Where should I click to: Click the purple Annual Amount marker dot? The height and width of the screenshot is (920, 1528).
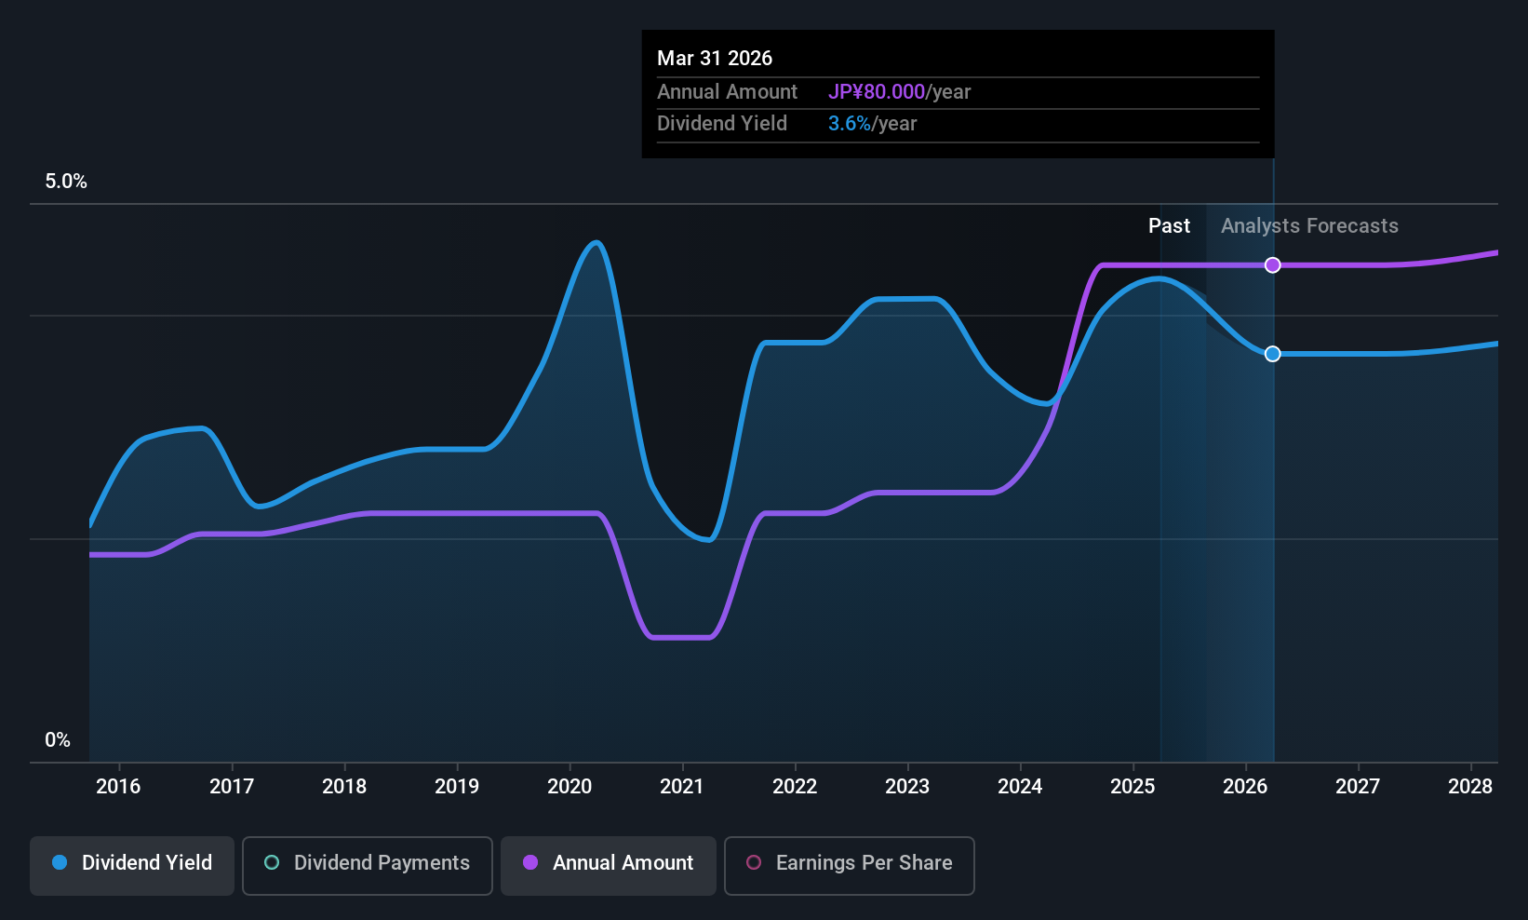pyautogui.click(x=1272, y=265)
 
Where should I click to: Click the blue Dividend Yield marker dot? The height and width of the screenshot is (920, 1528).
pyautogui.click(x=1272, y=354)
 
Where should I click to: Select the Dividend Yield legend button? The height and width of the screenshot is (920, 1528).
pyautogui.click(x=132, y=863)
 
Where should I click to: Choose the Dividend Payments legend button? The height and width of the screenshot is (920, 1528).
pyautogui.click(x=368, y=863)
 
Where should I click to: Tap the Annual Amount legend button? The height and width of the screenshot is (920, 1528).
pyautogui.click(x=609, y=863)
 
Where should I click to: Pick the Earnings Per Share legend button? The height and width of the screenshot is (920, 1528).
pyautogui.click(x=849, y=863)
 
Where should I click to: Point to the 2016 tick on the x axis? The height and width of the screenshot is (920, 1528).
pyautogui.click(x=118, y=787)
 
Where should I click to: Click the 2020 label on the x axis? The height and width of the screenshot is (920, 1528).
pyautogui.click(x=570, y=787)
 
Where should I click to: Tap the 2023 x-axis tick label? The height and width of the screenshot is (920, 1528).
pyautogui.click(x=907, y=787)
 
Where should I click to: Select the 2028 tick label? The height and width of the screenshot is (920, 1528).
pyautogui.click(x=1470, y=787)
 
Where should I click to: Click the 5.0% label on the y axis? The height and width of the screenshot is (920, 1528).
pyautogui.click(x=66, y=182)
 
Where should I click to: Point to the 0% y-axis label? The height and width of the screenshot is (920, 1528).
pyautogui.click(x=58, y=740)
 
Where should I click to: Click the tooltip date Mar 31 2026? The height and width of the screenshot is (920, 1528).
pyautogui.click(x=715, y=58)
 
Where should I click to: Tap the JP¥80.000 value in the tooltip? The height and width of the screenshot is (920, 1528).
pyautogui.click(x=877, y=92)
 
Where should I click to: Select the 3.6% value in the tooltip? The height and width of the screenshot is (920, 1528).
pyautogui.click(x=850, y=124)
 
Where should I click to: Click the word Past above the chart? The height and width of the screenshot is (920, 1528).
pyautogui.click(x=1169, y=226)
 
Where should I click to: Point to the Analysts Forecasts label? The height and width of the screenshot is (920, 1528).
pyautogui.click(x=1309, y=226)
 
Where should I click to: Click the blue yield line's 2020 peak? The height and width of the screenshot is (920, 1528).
pyautogui.click(x=596, y=243)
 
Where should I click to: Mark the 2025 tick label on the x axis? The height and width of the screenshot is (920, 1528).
pyautogui.click(x=1133, y=787)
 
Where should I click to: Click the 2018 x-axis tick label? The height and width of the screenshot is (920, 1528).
pyautogui.click(x=344, y=787)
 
